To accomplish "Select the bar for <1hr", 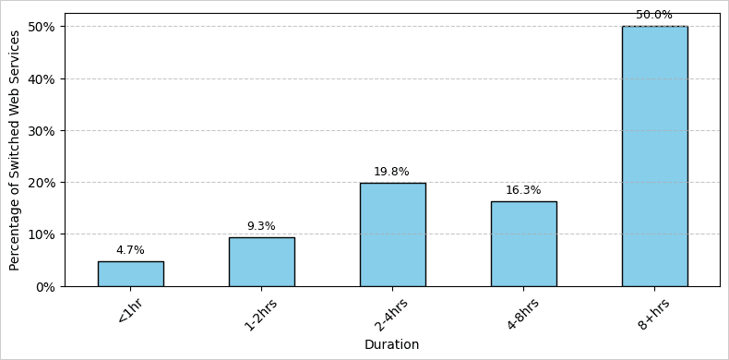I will (130, 273).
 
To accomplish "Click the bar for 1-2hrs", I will (261, 262).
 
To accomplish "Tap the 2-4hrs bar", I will (392, 234).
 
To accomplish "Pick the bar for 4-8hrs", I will (523, 244).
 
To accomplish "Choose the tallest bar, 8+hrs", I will (654, 157).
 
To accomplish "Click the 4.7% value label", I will (130, 250).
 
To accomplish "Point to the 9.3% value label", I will (261, 226).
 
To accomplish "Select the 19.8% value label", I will (392, 172).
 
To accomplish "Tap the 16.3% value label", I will (523, 190).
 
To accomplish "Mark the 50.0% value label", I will (654, 15).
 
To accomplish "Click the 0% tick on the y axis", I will (44, 286).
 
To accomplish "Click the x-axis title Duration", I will (391, 344).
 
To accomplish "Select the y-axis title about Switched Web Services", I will (15, 150).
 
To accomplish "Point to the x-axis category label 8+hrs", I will (652, 314).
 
